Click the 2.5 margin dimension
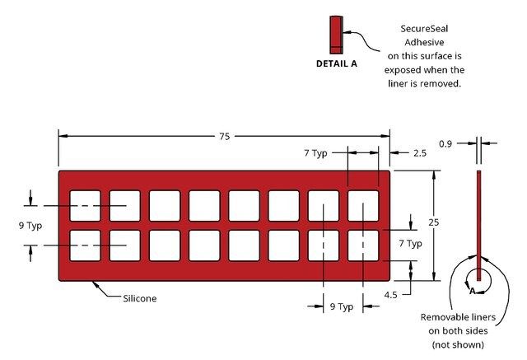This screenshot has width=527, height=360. tap(419, 152)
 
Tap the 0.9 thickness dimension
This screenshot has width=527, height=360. tap(468, 143)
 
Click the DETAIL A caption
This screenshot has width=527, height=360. tap(337, 63)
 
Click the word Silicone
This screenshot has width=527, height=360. tap(139, 298)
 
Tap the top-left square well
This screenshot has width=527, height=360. tap(85, 206)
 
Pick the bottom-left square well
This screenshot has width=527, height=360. tap(85, 245)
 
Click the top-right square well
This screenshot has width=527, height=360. tap(363, 206)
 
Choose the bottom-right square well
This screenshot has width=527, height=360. tap(363, 245)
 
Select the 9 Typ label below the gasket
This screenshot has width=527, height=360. tap(342, 306)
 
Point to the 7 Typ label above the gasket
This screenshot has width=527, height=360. tap(315, 152)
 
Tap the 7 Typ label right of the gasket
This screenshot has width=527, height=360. tap(410, 243)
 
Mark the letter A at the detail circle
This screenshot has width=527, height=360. tap(472, 290)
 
